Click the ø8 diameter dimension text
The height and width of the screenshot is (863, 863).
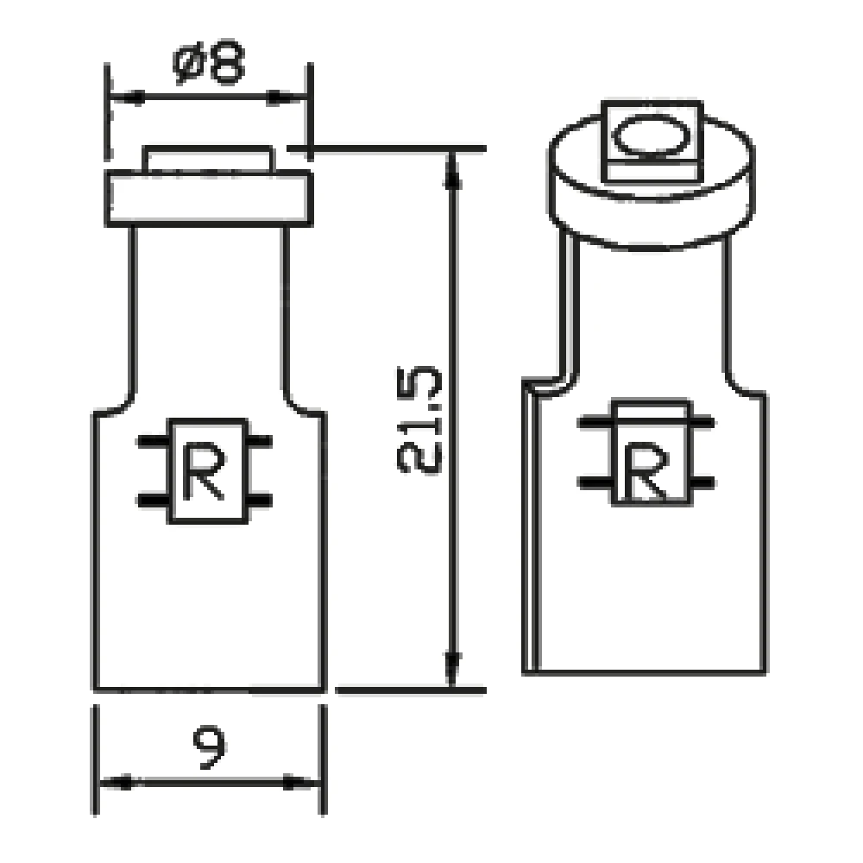(209, 65)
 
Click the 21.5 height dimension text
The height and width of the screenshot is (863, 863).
(420, 420)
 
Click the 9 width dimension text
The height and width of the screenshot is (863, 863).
(210, 747)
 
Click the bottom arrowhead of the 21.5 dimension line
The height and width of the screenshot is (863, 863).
(451, 668)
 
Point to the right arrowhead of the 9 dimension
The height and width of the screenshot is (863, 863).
(304, 783)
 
